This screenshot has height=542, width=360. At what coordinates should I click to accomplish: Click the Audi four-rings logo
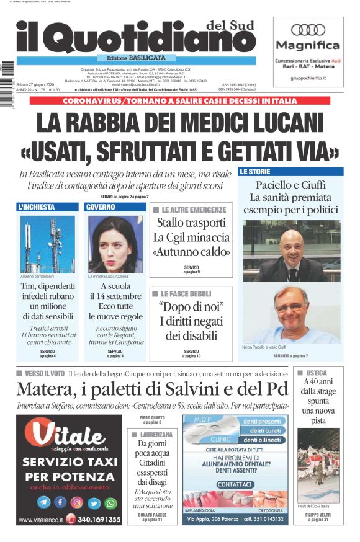[x=308, y=29]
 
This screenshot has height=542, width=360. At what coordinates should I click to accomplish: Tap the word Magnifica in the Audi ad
[x=308, y=45]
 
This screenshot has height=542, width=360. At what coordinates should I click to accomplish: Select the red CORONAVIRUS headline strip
[x=180, y=100]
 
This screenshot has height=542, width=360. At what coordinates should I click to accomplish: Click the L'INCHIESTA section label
[x=37, y=207]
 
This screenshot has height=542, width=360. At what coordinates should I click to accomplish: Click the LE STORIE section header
[x=256, y=171]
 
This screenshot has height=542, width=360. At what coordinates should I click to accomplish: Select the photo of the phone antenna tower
[x=47, y=244]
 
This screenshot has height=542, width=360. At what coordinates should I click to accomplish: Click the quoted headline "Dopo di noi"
[x=191, y=307]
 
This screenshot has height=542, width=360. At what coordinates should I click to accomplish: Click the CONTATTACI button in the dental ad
[x=235, y=484]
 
